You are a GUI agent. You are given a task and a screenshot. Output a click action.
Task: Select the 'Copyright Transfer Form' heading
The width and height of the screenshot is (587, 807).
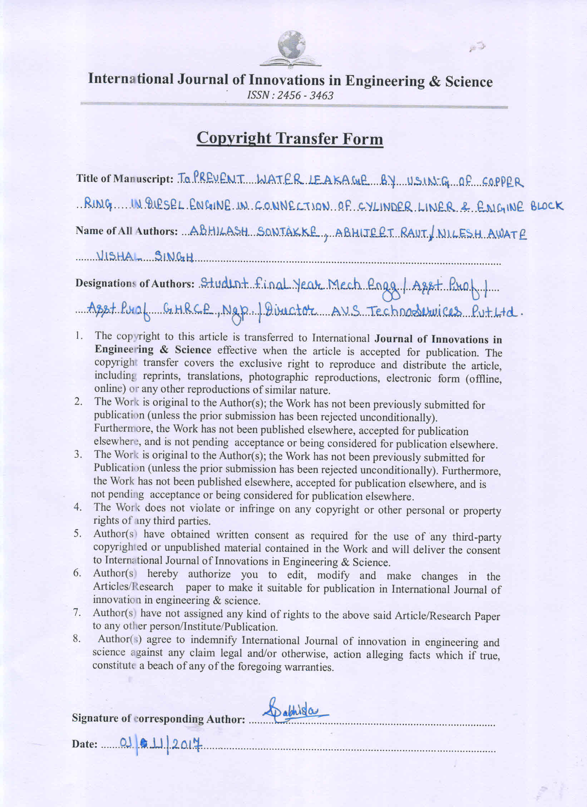[290, 138]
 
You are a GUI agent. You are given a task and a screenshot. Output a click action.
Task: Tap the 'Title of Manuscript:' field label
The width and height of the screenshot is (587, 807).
[125, 178]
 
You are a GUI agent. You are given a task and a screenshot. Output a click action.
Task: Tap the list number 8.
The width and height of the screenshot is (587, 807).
[77, 639]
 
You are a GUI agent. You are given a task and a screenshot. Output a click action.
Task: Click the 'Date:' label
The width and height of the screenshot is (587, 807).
[85, 744]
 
